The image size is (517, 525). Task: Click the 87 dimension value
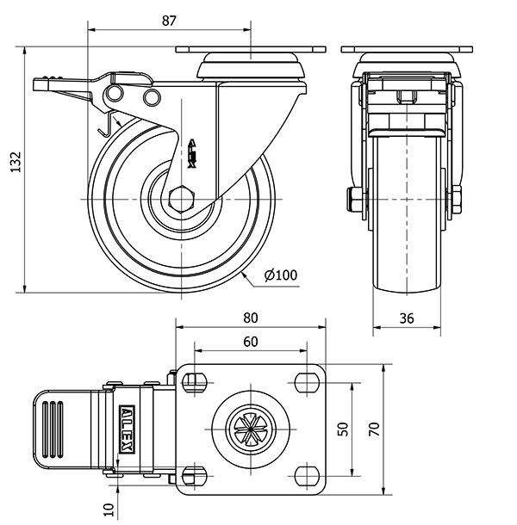pos(169,21)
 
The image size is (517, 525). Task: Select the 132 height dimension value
pos(16,162)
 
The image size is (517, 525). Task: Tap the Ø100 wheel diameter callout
pos(281,275)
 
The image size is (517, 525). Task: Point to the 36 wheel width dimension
pos(407,318)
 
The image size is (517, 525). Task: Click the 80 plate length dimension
pos(251,318)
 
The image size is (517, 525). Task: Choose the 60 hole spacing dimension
pos(251,342)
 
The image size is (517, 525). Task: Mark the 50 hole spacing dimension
pos(343,429)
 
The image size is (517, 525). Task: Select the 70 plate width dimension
pos(374,429)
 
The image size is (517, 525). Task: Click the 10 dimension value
pos(109,510)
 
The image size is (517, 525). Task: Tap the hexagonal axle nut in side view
pos(182,199)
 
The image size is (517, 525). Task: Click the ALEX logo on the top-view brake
pos(127,429)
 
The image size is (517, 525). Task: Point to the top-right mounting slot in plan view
pos(307,382)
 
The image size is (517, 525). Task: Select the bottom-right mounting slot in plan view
pos(307,476)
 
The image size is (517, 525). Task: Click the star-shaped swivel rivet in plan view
pos(251,429)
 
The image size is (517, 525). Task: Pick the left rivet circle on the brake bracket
pos(115,92)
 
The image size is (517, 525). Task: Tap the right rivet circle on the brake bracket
pos(152,97)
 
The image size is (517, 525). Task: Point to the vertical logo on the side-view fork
pos(192,153)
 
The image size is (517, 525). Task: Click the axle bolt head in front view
pos(354,200)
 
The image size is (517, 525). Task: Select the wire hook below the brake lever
pos(106,125)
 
